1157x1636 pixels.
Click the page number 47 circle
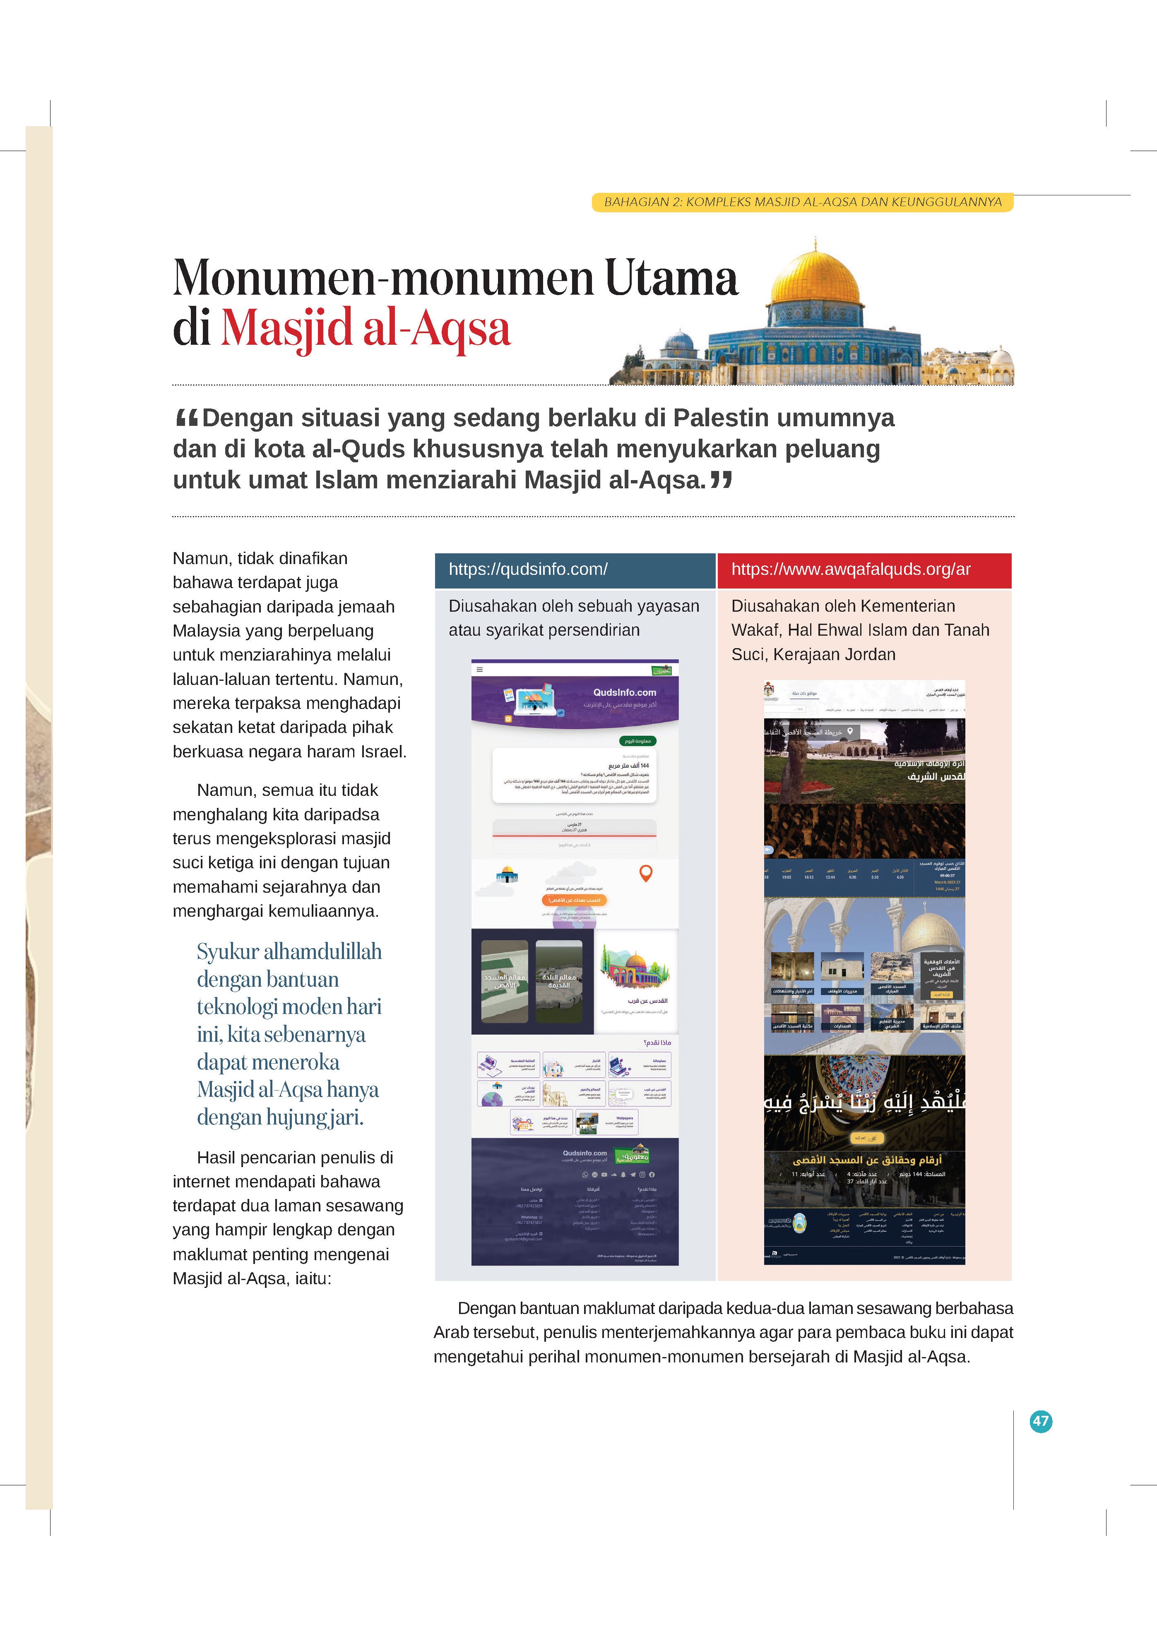1041,1421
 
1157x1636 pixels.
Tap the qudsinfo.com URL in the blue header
527,569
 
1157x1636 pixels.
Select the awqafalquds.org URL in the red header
850,569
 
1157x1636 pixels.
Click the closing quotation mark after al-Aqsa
722,480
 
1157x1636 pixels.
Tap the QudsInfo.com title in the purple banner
625,692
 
